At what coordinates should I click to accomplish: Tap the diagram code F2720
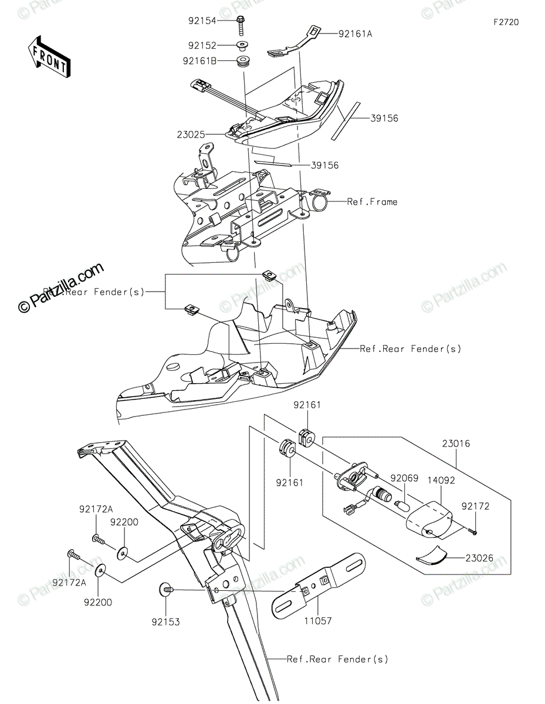pyautogui.click(x=506, y=22)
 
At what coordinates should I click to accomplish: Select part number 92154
pyautogui.click(x=202, y=21)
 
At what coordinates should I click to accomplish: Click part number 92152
pyautogui.click(x=202, y=45)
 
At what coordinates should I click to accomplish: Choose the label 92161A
pyautogui.click(x=356, y=34)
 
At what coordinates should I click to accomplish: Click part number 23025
pyautogui.click(x=191, y=134)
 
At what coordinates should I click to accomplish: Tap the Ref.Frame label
pyautogui.click(x=372, y=202)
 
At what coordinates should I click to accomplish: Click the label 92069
pyautogui.click(x=405, y=479)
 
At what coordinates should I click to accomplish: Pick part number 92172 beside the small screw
pyautogui.click(x=475, y=506)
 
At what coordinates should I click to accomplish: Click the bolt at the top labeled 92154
pyautogui.click(x=241, y=23)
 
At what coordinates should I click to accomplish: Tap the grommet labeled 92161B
pyautogui.click(x=242, y=61)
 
